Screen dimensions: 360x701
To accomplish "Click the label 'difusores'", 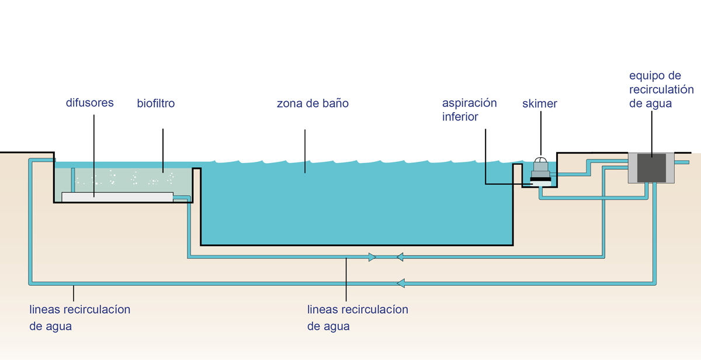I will (x=89, y=103).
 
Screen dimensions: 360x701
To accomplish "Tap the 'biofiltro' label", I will (x=155, y=104).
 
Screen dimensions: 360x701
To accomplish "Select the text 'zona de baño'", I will (x=313, y=104).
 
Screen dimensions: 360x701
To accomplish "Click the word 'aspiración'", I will (x=469, y=103).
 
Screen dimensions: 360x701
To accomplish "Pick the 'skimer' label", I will (x=540, y=104).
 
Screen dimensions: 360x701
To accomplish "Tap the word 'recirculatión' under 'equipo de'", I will (x=661, y=90).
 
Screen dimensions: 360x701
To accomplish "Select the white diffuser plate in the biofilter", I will (x=117, y=197).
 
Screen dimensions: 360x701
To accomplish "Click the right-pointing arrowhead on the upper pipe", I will (x=373, y=257).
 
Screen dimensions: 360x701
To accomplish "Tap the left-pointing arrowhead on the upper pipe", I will (x=400, y=257).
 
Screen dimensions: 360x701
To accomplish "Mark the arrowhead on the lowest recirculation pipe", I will (x=401, y=283).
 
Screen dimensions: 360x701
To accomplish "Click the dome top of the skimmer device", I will (x=542, y=160).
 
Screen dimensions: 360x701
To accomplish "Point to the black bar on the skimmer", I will (x=540, y=179).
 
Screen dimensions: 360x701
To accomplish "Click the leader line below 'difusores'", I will (x=93, y=152).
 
